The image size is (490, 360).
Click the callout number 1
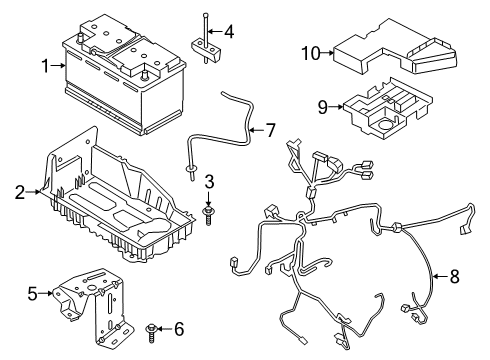[x=43, y=66]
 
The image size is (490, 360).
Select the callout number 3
[x=209, y=181]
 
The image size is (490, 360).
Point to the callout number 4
[x=229, y=31]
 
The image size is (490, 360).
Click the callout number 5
[x=31, y=293]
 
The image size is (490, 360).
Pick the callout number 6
[x=179, y=329]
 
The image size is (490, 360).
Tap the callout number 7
[x=267, y=130]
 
